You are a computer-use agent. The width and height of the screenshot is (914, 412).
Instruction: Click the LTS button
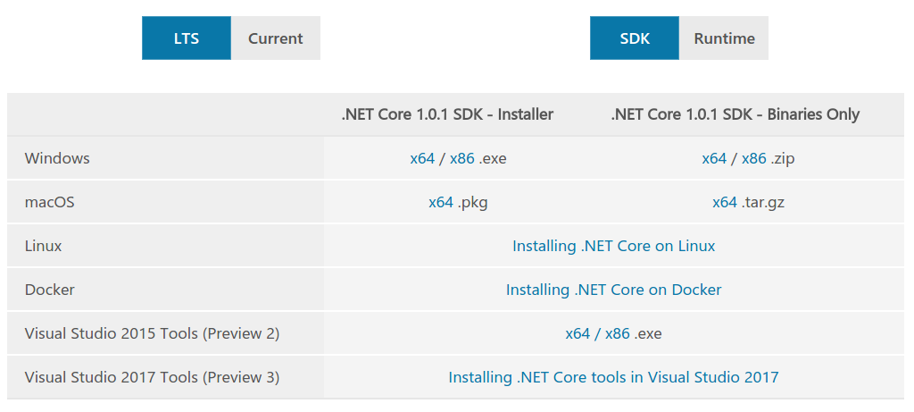(x=186, y=38)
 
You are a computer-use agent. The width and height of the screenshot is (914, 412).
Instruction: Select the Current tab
(x=275, y=38)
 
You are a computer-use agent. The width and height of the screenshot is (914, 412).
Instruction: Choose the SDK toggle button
(x=635, y=38)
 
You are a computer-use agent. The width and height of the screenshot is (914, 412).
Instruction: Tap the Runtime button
(x=724, y=38)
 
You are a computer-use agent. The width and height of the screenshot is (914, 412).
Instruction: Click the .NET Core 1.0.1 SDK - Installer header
(x=447, y=114)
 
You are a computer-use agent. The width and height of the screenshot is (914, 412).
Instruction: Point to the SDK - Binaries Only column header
(x=735, y=114)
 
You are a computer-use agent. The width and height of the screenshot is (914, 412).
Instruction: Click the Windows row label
(x=57, y=158)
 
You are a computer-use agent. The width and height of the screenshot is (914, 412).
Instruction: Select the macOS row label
(x=50, y=202)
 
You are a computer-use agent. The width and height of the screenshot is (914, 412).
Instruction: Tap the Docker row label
(x=50, y=290)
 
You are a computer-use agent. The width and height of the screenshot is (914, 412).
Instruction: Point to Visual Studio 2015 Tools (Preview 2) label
(x=152, y=333)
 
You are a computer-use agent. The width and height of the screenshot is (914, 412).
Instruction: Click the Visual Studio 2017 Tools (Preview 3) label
(x=152, y=377)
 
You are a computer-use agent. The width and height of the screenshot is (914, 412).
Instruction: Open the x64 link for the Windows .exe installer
(x=422, y=158)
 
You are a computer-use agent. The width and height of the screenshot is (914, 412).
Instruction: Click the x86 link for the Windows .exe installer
(x=461, y=158)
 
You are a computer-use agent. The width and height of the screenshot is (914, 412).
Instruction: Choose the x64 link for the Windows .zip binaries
(x=714, y=158)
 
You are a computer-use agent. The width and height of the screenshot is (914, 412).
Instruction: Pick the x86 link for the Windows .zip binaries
(x=753, y=158)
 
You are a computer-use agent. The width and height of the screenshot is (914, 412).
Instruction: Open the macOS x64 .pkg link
(x=441, y=202)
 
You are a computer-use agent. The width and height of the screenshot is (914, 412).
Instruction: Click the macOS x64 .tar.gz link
(x=725, y=202)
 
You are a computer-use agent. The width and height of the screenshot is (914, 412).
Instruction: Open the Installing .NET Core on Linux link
(x=613, y=246)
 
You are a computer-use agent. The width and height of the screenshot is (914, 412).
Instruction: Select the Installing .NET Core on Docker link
(x=613, y=290)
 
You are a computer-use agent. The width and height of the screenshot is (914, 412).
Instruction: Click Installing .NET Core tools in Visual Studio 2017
(x=613, y=377)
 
